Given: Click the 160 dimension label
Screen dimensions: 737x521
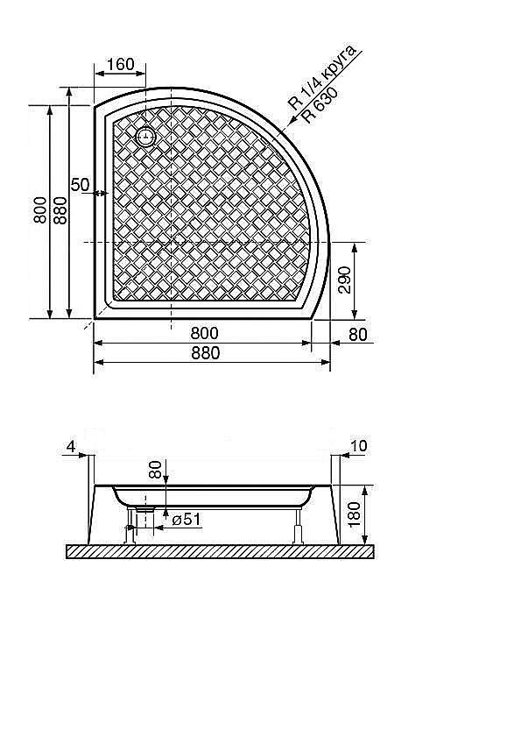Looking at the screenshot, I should click(120, 64).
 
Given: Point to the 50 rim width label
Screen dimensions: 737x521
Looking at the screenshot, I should click(80, 185).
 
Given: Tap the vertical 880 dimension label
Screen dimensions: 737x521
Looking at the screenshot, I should click(60, 211).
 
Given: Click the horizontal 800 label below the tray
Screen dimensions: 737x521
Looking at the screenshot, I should click(203, 333).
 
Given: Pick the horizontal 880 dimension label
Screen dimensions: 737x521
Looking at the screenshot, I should click(203, 352).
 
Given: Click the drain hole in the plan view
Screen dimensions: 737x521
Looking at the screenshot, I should click(144, 137).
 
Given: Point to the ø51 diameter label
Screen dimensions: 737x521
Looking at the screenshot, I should click(187, 520).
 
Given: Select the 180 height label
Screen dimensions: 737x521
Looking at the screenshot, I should click(354, 512).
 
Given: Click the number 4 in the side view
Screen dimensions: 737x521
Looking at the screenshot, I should click(69, 447).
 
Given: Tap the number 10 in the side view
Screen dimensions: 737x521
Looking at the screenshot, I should click(358, 447).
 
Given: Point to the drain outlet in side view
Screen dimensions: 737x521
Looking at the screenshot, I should click(145, 508).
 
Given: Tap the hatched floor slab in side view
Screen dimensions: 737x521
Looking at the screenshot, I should click(219, 551).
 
